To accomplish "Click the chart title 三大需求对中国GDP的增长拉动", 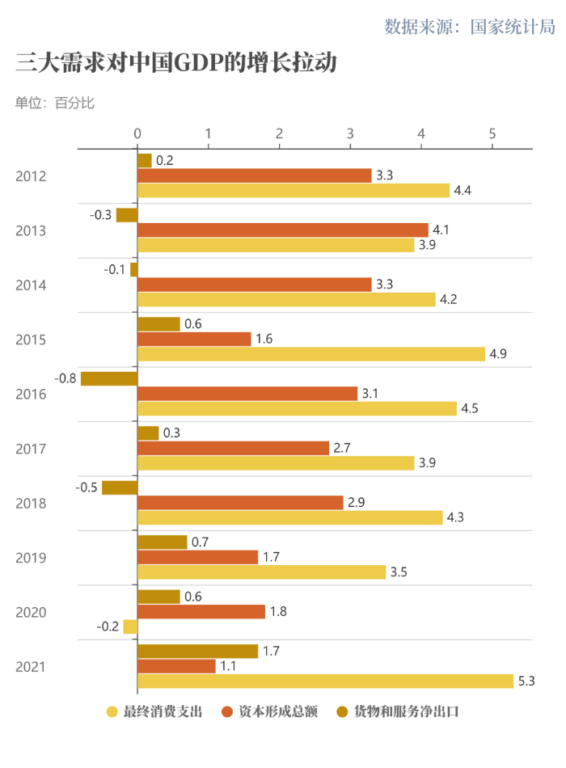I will coord(175,63).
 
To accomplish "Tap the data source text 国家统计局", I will coord(470,27).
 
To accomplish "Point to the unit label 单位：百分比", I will coord(54,103).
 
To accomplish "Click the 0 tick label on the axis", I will coord(137,133).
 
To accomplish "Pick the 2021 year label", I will coord(31,667).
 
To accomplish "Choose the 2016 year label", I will coord(31,395).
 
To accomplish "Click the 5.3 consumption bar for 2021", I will coord(325,681).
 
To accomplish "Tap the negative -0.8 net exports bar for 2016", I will coord(109,378).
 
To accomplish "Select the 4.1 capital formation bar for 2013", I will coord(283,230).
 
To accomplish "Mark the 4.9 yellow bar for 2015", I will coord(311,354).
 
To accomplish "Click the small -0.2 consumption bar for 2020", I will coord(130,627).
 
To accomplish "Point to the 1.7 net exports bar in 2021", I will coord(197,651).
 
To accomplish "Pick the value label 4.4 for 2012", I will coord(463,191).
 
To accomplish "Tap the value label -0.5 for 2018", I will coord(87,487).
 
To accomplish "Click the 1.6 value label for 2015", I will coord(264,339).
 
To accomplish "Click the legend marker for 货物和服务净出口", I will coord(343,712).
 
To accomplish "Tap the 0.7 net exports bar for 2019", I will coord(162,542).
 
